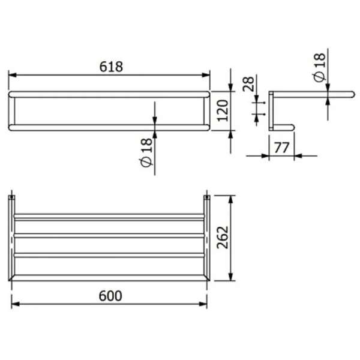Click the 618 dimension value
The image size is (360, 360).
pos(110,67)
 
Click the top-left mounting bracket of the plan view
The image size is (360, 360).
pos(13,197)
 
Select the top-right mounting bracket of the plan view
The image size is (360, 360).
pos(207,197)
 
